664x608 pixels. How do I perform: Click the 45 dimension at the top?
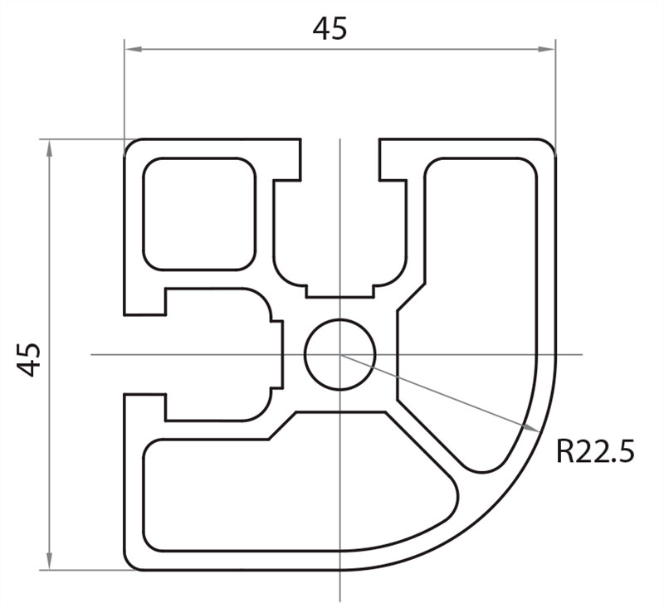click(x=330, y=29)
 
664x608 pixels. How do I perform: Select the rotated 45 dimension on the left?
click(x=29, y=358)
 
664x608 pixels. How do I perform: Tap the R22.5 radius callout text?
click(x=594, y=451)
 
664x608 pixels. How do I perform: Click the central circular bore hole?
click(x=339, y=354)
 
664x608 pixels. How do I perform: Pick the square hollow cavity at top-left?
click(x=198, y=213)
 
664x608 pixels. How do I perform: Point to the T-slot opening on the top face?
click(x=339, y=158)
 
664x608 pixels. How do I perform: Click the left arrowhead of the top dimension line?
click(x=131, y=49)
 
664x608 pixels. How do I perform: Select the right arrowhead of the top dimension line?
click(x=549, y=49)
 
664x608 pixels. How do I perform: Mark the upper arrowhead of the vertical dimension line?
click(x=49, y=147)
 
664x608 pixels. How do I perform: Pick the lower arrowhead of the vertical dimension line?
click(x=49, y=563)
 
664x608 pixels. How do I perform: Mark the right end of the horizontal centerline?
click(x=581, y=354)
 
